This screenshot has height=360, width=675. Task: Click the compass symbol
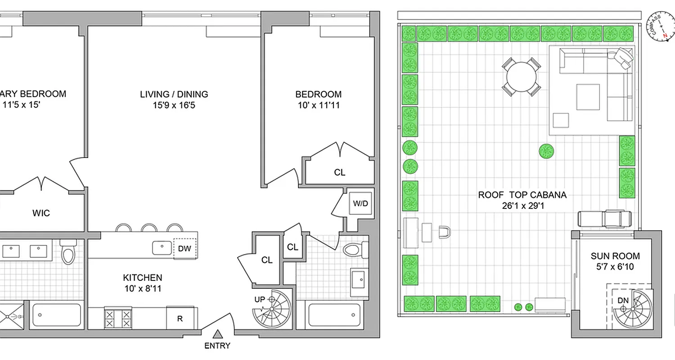coord(660,27)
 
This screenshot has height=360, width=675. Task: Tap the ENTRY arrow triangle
coord(218,334)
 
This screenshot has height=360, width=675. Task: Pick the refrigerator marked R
coord(180,319)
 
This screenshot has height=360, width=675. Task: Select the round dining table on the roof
coord(521,77)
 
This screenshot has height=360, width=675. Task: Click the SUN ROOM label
coord(615,256)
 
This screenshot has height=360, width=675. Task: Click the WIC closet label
coord(41,213)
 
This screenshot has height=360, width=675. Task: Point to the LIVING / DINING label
coord(174,94)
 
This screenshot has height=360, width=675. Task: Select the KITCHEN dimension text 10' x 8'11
coord(143,288)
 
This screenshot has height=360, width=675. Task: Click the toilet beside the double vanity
coord(68,253)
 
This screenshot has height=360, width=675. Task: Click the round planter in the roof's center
coord(546,151)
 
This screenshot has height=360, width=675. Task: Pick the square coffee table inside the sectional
coord(588,96)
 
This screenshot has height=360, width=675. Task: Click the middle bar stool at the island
coord(149,228)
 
